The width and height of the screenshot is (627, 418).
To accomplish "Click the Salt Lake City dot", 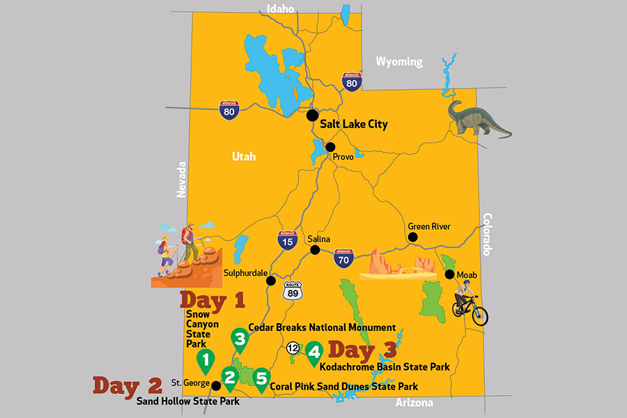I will (313, 115).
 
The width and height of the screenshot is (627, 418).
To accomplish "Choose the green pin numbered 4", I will (314, 353).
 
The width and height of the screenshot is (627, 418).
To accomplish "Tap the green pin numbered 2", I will (231, 376).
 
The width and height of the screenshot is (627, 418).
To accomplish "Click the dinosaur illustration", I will (477, 118).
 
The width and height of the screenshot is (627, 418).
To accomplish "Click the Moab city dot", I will (449, 274).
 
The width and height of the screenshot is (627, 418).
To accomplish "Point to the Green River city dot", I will (413, 238).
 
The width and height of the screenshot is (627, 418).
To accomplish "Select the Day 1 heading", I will (212, 300).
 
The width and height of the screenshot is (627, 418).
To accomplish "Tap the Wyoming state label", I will (399, 62).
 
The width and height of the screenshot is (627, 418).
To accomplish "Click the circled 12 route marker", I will (293, 348).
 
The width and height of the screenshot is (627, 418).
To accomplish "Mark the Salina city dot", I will (315, 250).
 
